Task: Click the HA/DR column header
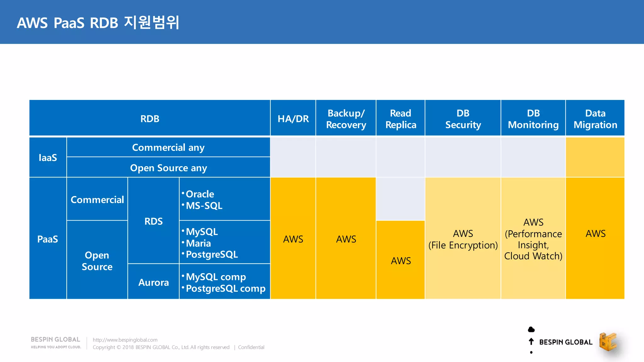point(293,119)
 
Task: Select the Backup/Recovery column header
point(346,119)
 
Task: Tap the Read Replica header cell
point(401,119)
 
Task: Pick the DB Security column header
point(463,119)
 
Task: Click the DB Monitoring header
point(533,119)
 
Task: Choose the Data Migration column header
point(595,119)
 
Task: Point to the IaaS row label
point(48,157)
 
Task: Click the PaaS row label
point(48,239)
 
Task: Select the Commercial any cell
point(168,147)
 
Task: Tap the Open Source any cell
point(168,168)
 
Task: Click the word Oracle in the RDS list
point(200,194)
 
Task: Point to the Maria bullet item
point(198,243)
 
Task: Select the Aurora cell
point(153,282)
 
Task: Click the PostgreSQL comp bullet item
point(225,288)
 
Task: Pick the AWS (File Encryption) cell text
point(463,239)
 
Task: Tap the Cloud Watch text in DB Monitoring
point(533,256)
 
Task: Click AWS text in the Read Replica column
point(401,261)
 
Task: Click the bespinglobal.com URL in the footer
point(125,340)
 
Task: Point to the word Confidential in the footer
point(251,347)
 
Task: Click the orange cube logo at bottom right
point(608,342)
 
